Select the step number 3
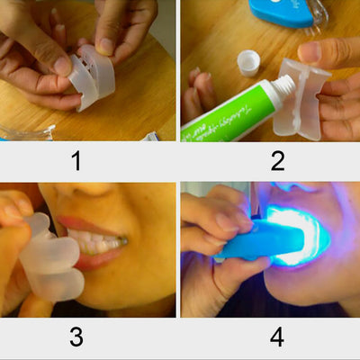click(76, 337)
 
